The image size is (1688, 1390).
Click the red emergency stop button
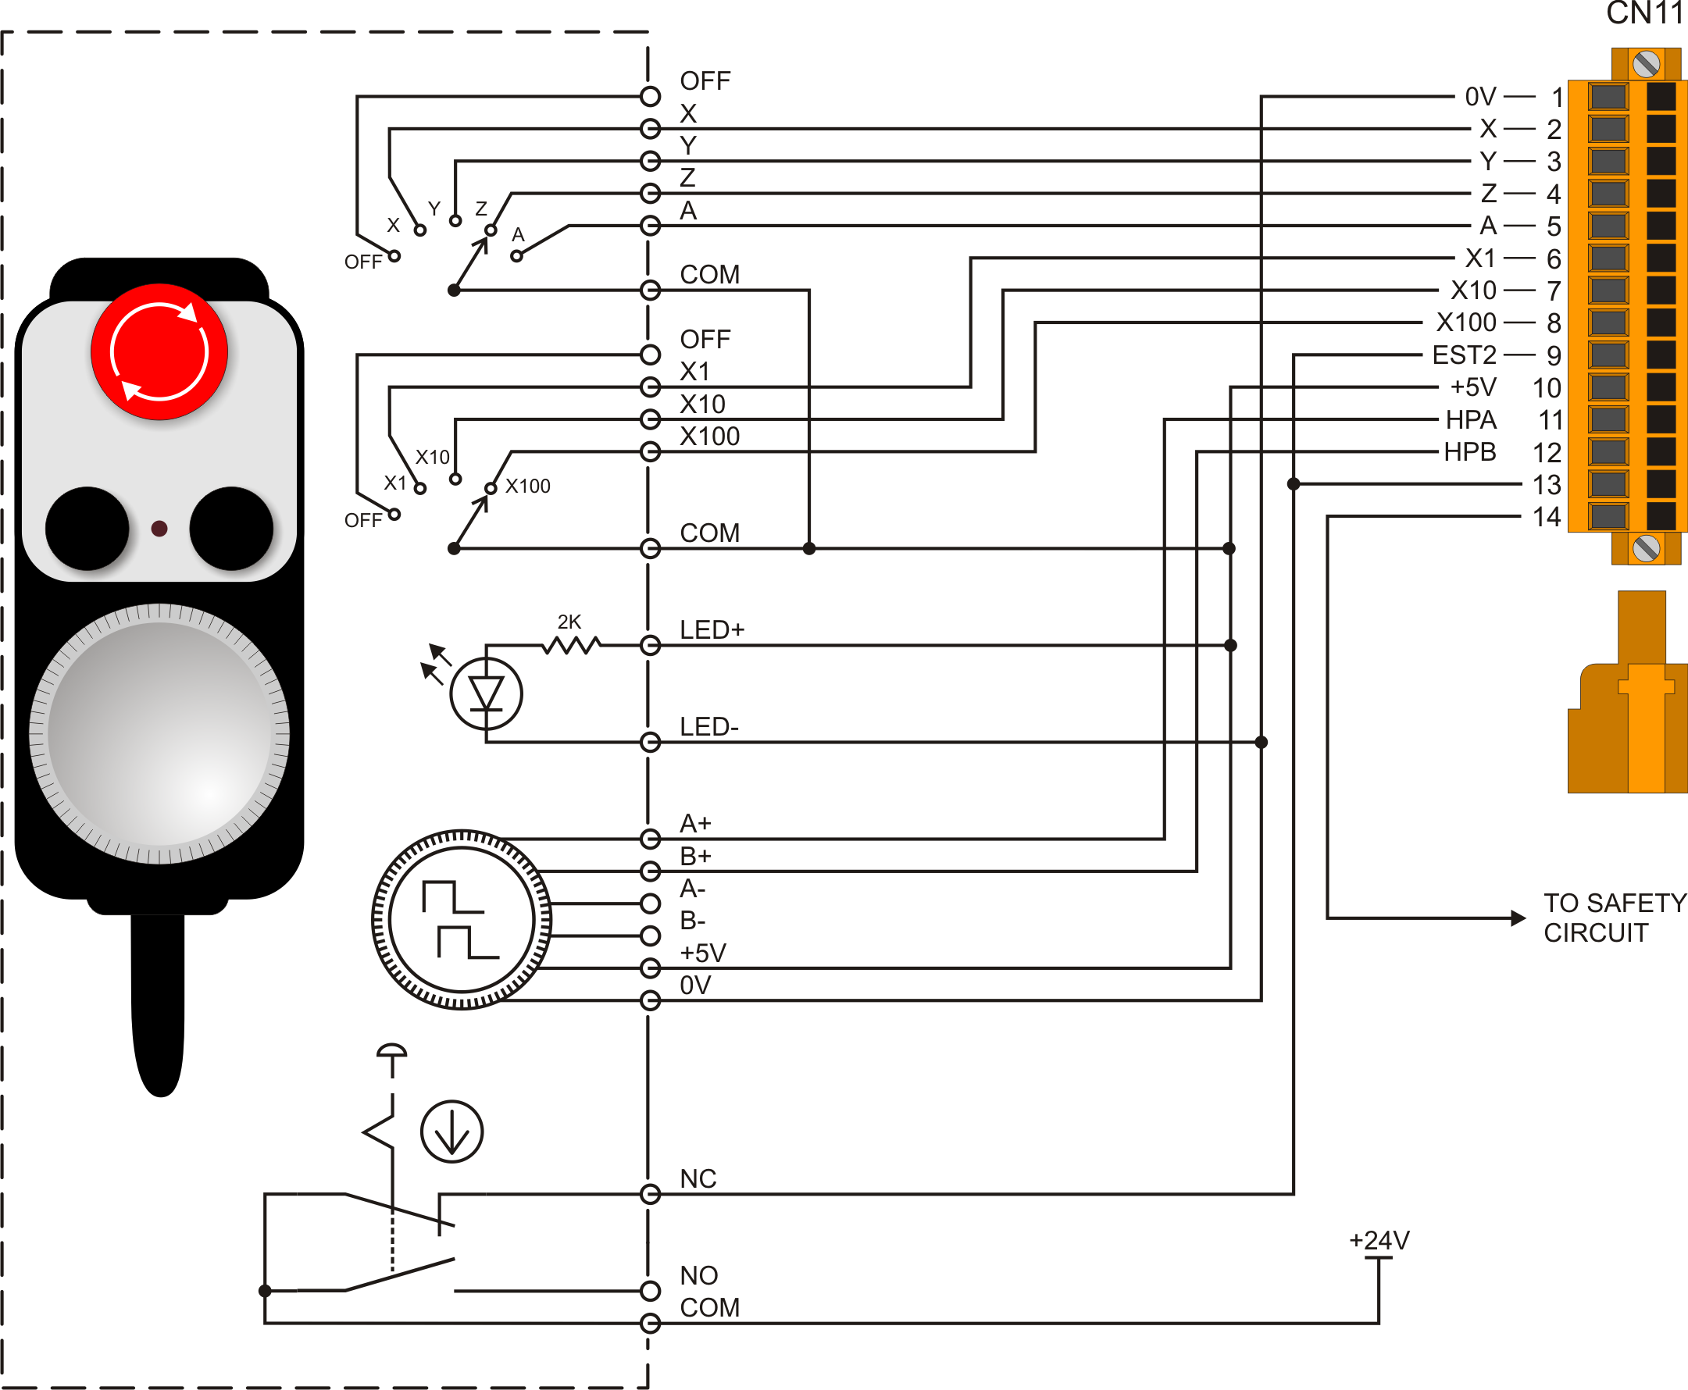159,351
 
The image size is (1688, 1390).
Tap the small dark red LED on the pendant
159,529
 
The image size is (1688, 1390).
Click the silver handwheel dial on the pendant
159,733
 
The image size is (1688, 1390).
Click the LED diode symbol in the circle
486,693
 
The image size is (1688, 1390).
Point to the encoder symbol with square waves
461,919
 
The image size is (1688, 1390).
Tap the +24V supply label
1379,1240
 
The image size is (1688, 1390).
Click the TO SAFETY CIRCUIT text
1614,918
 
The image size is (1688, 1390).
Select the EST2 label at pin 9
1464,355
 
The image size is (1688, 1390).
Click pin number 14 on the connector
1547,517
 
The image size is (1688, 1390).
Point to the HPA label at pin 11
1470,419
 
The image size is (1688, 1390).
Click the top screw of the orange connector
1646,64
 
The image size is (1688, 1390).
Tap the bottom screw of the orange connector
1646,548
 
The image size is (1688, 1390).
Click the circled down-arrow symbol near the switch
451,1132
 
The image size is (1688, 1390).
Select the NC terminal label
698,1178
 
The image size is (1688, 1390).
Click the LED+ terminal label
712,630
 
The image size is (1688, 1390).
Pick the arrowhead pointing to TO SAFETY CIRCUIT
1518,918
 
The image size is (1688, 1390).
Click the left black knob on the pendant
87,529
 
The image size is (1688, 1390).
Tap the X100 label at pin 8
1465,323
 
